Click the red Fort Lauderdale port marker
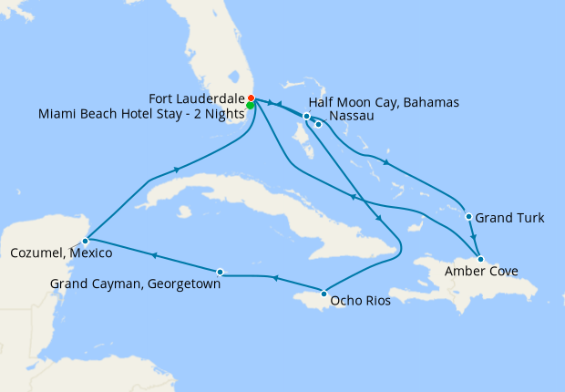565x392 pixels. coord(251,98)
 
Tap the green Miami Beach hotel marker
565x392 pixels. coord(250,106)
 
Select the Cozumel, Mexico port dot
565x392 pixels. coord(85,241)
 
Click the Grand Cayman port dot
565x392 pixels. coord(220,271)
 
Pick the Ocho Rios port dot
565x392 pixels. coord(324,294)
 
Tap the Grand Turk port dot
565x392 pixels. coord(468,217)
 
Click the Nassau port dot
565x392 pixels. coord(319,124)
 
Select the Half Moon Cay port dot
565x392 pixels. coord(307,116)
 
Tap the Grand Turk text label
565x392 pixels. coord(510,218)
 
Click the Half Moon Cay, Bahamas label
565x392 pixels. coord(384,101)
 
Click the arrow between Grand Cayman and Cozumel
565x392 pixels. coord(153,255)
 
